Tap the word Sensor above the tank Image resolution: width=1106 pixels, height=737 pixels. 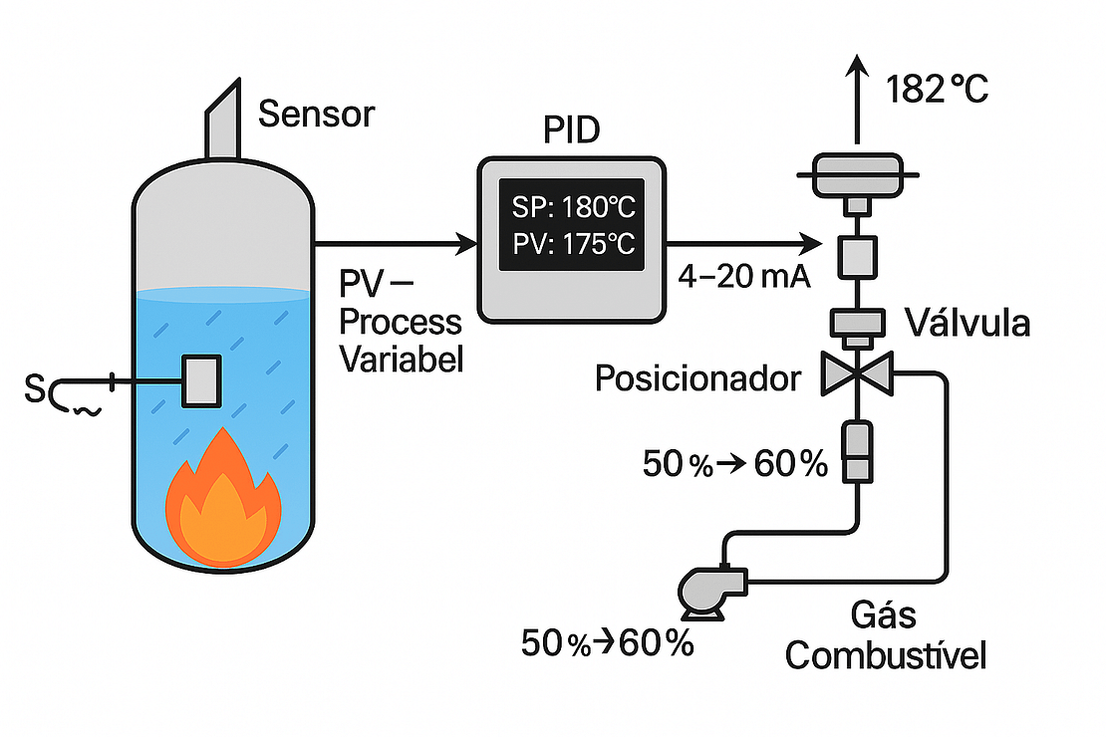tap(316, 115)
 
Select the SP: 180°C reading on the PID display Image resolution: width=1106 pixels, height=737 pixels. tap(570, 210)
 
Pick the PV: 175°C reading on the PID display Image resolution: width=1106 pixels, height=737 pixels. tap(570, 245)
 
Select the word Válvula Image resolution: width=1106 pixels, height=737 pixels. tap(967, 324)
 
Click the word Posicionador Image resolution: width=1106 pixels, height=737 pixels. tap(696, 378)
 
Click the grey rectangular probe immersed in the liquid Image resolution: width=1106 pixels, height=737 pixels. tap(200, 380)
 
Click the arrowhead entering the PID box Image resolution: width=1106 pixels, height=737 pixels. tap(465, 242)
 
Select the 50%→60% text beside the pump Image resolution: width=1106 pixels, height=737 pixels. tap(607, 643)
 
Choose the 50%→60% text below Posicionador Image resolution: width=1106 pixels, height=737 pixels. tap(734, 463)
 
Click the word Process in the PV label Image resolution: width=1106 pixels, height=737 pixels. tap(401, 323)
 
